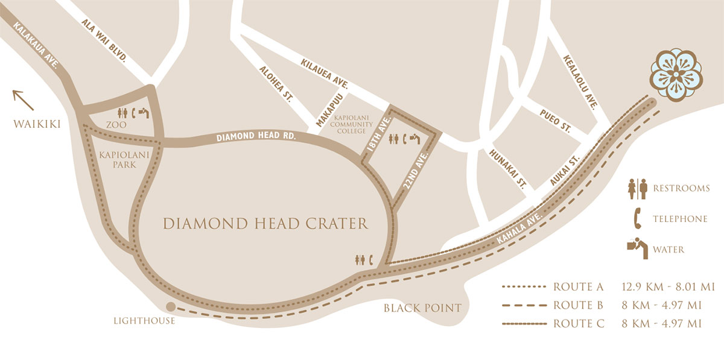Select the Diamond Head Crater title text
[265, 224]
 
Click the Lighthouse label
[144, 321]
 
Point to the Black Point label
[422, 308]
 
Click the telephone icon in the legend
[637, 218]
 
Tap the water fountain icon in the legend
[637, 248]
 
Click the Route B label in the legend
[578, 305]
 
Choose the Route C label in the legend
[578, 324]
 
